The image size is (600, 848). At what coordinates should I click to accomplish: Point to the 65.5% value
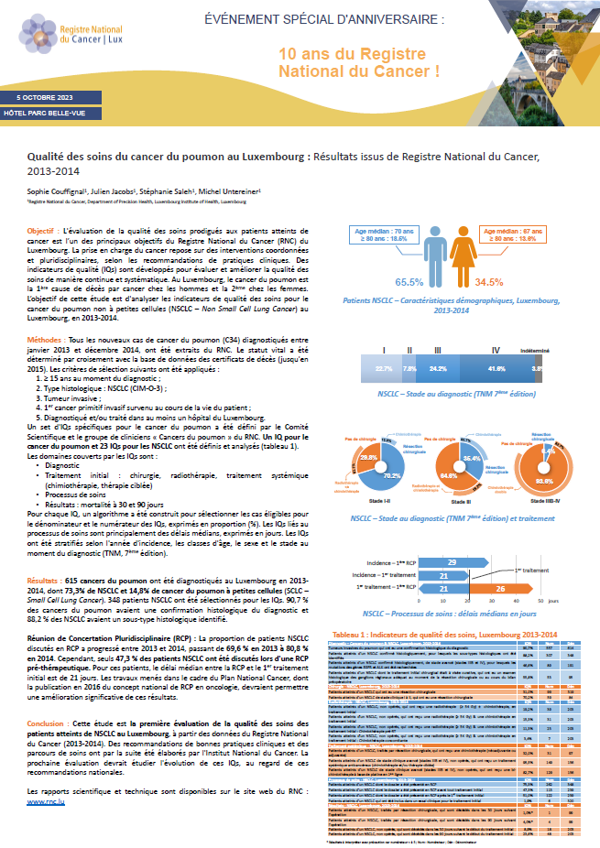[x=409, y=282]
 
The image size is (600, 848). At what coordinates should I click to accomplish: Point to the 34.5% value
[x=489, y=282]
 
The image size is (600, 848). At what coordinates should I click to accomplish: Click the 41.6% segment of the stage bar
[x=496, y=342]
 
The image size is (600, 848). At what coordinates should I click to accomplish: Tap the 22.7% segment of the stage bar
[x=384, y=342]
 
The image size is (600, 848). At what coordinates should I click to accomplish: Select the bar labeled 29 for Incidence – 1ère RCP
[x=452, y=560]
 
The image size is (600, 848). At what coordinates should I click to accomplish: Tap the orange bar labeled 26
[x=500, y=587]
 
